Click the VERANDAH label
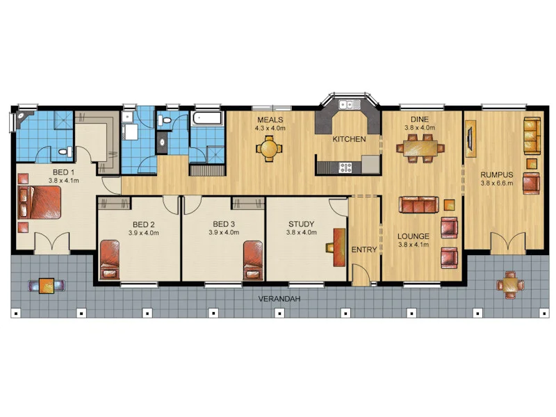(279, 299)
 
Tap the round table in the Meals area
(269, 149)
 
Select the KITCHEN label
(349, 139)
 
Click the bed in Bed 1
(40, 202)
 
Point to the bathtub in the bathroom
(207, 118)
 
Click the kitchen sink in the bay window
(350, 104)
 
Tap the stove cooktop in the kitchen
(345, 167)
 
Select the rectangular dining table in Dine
(420, 147)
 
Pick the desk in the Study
(339, 247)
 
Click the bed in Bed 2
(110, 260)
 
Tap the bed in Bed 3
(253, 260)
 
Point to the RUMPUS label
(497, 175)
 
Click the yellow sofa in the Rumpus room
(532, 136)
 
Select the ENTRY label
(363, 250)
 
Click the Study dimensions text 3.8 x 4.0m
(302, 233)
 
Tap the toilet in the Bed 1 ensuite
(65, 152)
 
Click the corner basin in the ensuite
(22, 117)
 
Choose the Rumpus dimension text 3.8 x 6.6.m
(497, 183)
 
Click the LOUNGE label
(413, 236)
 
